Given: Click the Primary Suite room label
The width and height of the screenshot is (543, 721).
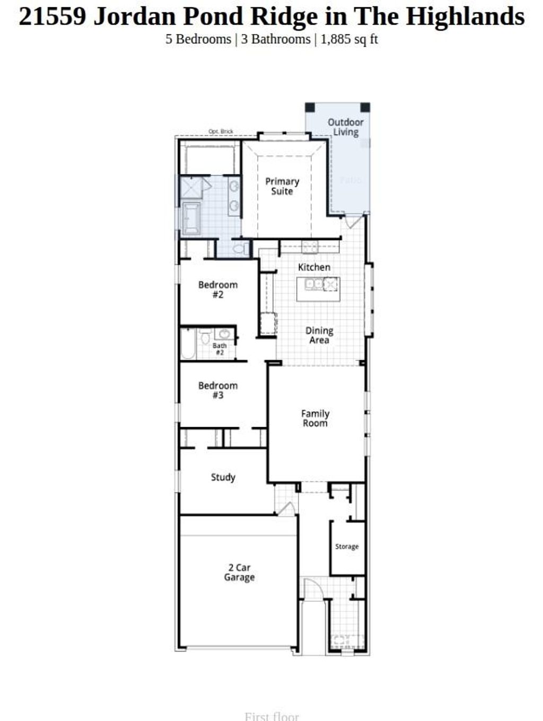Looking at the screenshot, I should (282, 187).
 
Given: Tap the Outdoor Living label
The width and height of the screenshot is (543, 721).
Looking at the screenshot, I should (345, 127).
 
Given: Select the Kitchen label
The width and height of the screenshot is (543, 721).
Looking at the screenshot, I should (314, 267).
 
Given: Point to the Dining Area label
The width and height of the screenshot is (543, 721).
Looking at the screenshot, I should (319, 335).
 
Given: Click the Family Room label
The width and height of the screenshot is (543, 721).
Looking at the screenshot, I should (315, 418).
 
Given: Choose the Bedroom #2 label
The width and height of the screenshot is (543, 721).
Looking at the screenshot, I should (217, 289).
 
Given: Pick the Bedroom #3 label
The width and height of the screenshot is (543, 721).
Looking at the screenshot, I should (217, 390).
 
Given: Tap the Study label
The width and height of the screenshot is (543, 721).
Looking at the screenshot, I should (223, 477).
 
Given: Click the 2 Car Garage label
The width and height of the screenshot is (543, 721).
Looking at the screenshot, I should (239, 573).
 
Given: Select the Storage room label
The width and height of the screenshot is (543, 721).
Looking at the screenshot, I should (347, 547).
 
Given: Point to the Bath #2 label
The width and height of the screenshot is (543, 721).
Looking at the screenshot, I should (220, 349).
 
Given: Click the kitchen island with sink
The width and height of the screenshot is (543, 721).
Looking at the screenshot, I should (318, 289).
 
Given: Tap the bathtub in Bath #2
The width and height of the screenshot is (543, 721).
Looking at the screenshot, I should (188, 344).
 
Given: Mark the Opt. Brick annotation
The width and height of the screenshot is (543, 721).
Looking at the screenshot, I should (221, 131).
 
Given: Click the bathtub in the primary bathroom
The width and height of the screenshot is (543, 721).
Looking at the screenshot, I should (191, 218).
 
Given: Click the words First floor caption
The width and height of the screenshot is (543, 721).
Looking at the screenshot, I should (271, 716).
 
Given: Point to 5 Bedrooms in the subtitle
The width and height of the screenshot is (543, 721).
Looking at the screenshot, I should (198, 39).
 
